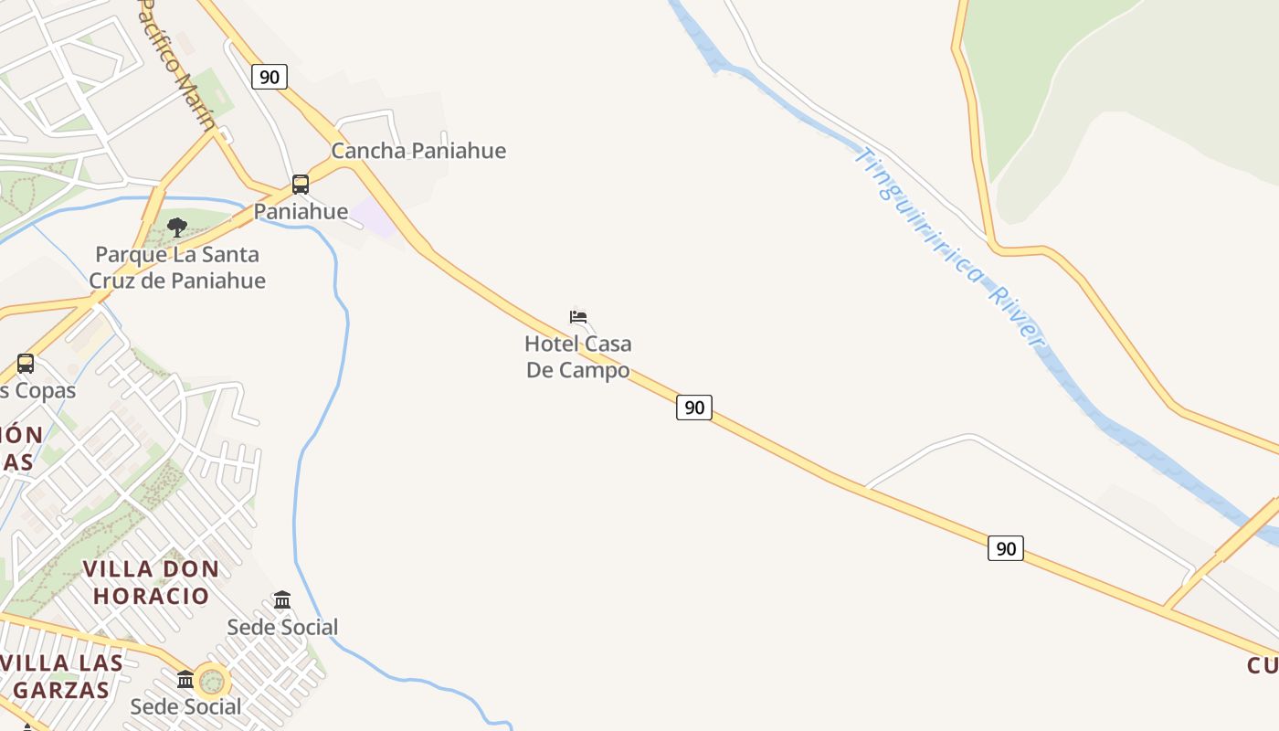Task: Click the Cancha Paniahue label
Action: [x=418, y=151]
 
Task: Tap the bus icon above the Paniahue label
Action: [x=301, y=185]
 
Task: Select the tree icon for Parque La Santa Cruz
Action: [x=177, y=228]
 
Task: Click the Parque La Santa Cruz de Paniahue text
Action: [x=177, y=268]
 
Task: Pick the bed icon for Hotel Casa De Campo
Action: [x=578, y=317]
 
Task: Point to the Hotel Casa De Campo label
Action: [x=578, y=357]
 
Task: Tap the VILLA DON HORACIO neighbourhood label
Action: [x=151, y=582]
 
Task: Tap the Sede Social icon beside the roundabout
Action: [x=185, y=680]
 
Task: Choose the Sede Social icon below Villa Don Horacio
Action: [x=282, y=600]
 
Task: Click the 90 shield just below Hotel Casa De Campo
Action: [x=694, y=407]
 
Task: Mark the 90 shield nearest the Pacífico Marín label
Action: [x=269, y=77]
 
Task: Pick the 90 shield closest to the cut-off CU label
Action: [x=1005, y=548]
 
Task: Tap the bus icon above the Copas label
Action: [x=26, y=364]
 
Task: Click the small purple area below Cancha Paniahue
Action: [x=375, y=217]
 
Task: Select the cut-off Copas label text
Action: [x=37, y=391]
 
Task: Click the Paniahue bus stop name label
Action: [x=301, y=211]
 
